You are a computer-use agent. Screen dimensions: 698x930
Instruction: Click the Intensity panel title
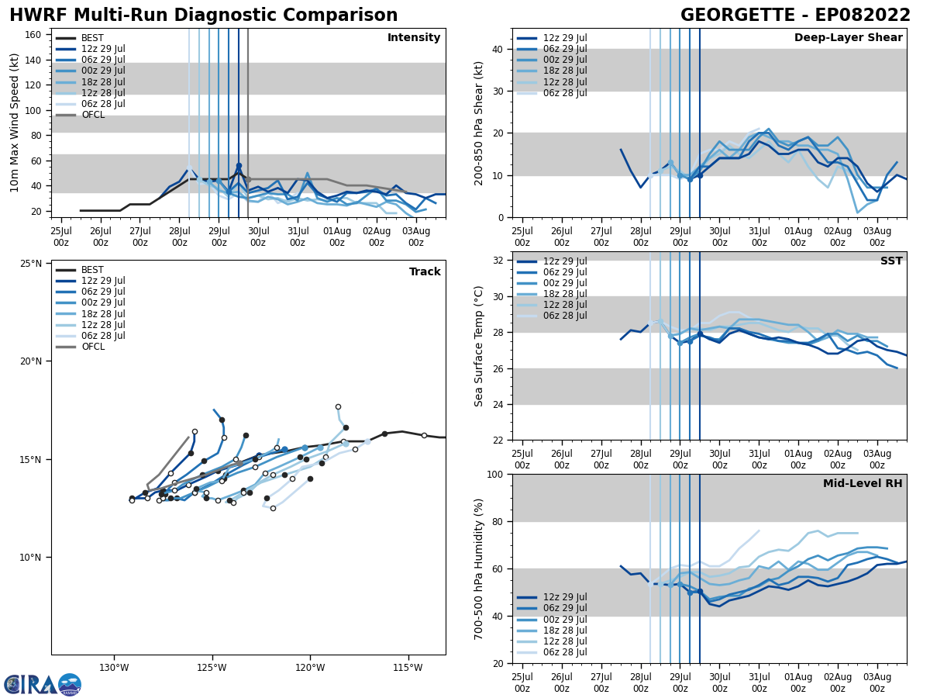[413, 38]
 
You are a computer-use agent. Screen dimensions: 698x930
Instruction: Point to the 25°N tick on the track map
[31, 264]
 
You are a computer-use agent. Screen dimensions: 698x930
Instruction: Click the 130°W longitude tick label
[113, 668]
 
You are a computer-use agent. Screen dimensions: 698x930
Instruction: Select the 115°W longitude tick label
[408, 668]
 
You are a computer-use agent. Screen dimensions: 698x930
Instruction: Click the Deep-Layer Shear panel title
[848, 38]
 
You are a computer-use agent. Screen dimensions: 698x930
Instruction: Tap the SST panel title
[890, 261]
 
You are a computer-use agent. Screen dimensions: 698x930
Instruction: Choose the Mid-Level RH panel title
[862, 484]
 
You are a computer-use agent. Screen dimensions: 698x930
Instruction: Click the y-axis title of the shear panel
[480, 123]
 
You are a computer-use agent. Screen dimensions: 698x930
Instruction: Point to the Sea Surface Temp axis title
[479, 346]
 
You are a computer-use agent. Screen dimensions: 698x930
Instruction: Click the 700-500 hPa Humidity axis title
[479, 568]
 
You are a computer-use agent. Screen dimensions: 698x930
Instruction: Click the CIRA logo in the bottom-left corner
[43, 684]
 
